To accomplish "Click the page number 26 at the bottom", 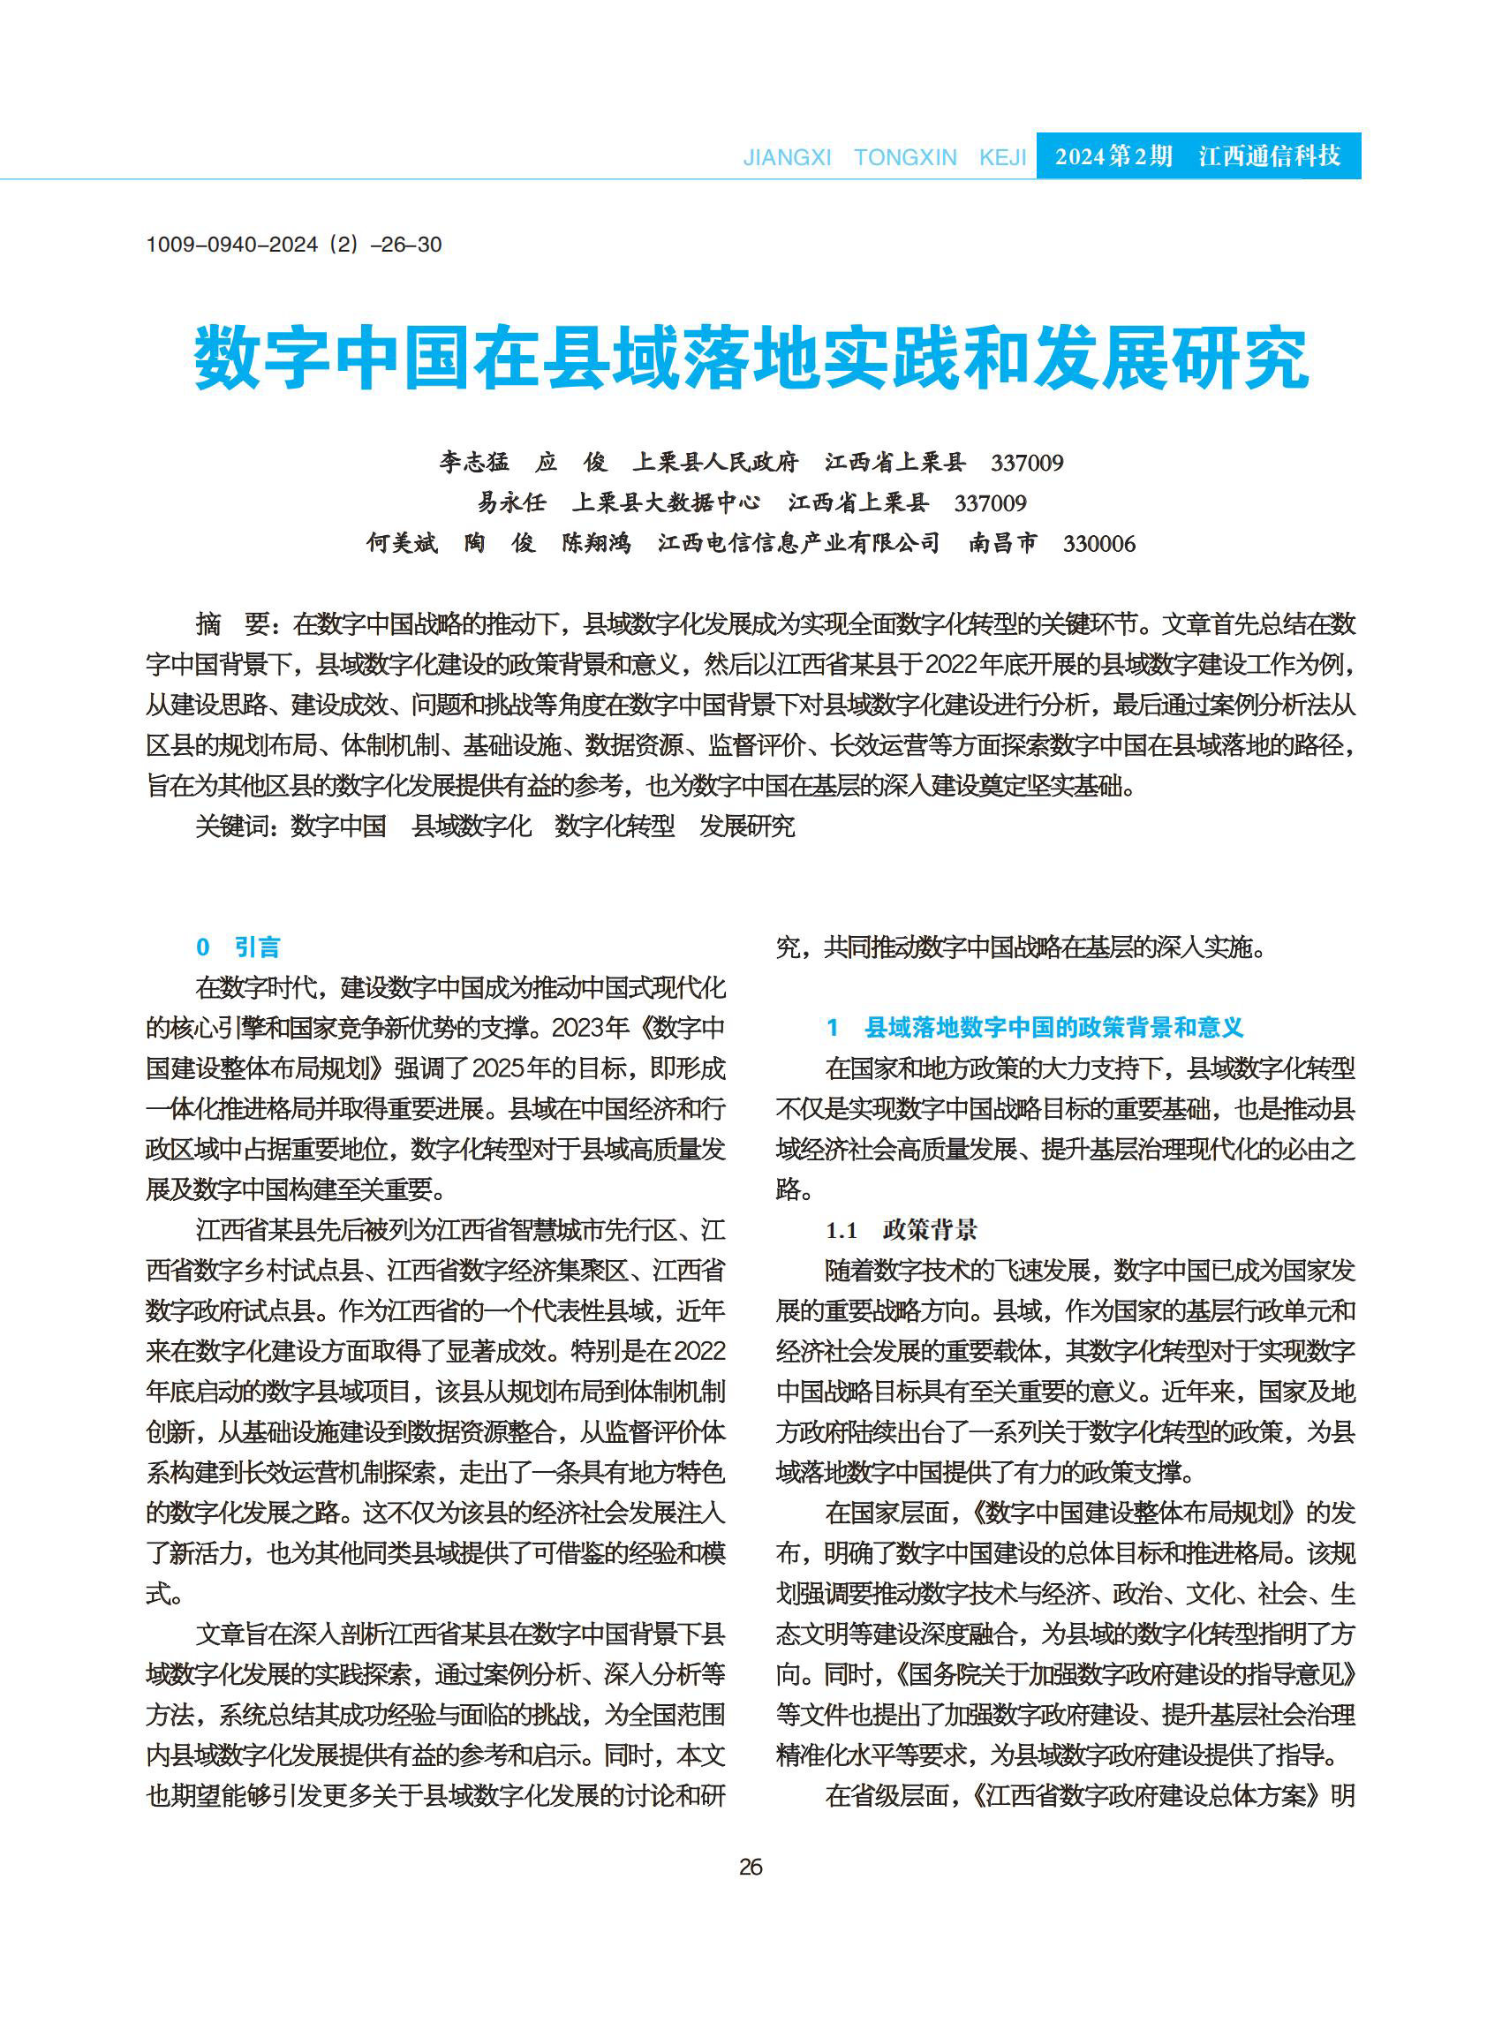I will pos(750,1867).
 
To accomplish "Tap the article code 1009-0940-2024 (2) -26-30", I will pos(294,245).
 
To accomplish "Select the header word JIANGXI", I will pos(788,157).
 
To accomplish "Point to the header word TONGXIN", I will pos(905,157).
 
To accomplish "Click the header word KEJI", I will pos(1002,157).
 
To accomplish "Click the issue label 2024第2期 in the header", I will pos(1113,156).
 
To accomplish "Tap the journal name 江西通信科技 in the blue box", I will pos(1269,156).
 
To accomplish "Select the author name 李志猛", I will pos(473,462).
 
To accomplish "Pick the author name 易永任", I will pos(512,502).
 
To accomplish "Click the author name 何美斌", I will pos(402,543).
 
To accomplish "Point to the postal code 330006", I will pos(1098,544).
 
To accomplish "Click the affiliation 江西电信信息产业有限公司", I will pos(798,543).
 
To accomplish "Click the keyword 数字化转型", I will pos(615,826).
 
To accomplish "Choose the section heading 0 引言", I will pos(238,947).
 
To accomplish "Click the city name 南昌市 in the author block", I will pos(1002,543).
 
